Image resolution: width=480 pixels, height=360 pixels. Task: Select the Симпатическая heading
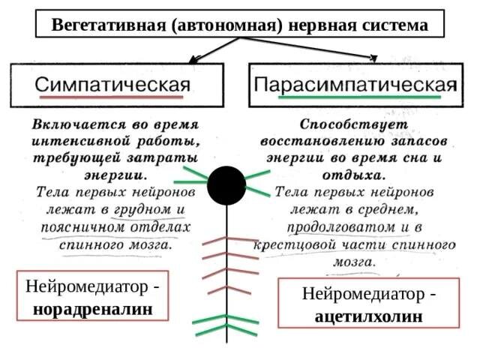point(112,82)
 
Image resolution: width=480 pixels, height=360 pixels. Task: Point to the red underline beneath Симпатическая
point(112,97)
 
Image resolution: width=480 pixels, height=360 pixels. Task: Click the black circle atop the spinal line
point(226,184)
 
